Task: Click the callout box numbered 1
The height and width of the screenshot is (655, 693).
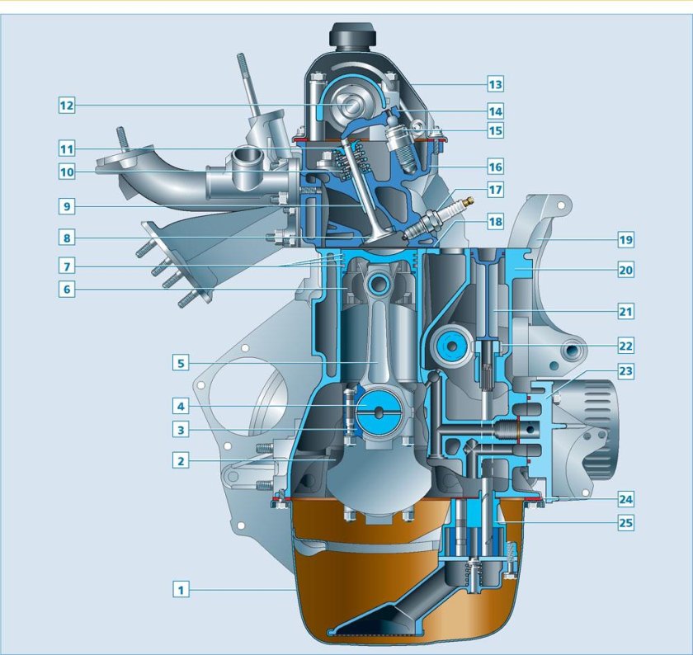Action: [x=181, y=589]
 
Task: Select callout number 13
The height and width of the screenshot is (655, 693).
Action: [x=495, y=84]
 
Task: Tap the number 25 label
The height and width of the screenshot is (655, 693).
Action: [x=626, y=523]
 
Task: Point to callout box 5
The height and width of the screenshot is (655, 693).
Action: [x=181, y=363]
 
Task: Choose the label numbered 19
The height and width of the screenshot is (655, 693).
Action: [x=626, y=240]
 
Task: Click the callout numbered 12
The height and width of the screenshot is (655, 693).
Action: [x=67, y=106]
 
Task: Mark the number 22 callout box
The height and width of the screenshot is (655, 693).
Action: [x=626, y=346]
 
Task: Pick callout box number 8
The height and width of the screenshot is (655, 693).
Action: [x=67, y=238]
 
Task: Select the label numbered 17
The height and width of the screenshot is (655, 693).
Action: [x=495, y=190]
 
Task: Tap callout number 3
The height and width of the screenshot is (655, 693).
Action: [x=181, y=429]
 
